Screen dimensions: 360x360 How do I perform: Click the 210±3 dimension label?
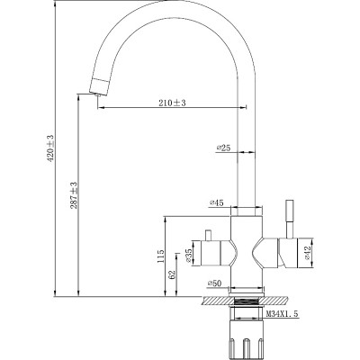tap(168, 103)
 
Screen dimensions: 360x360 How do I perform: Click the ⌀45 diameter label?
tap(216, 204)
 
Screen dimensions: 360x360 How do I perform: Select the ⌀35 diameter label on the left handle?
tap(190, 257)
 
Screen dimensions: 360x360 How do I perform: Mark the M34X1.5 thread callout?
tap(282, 313)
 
